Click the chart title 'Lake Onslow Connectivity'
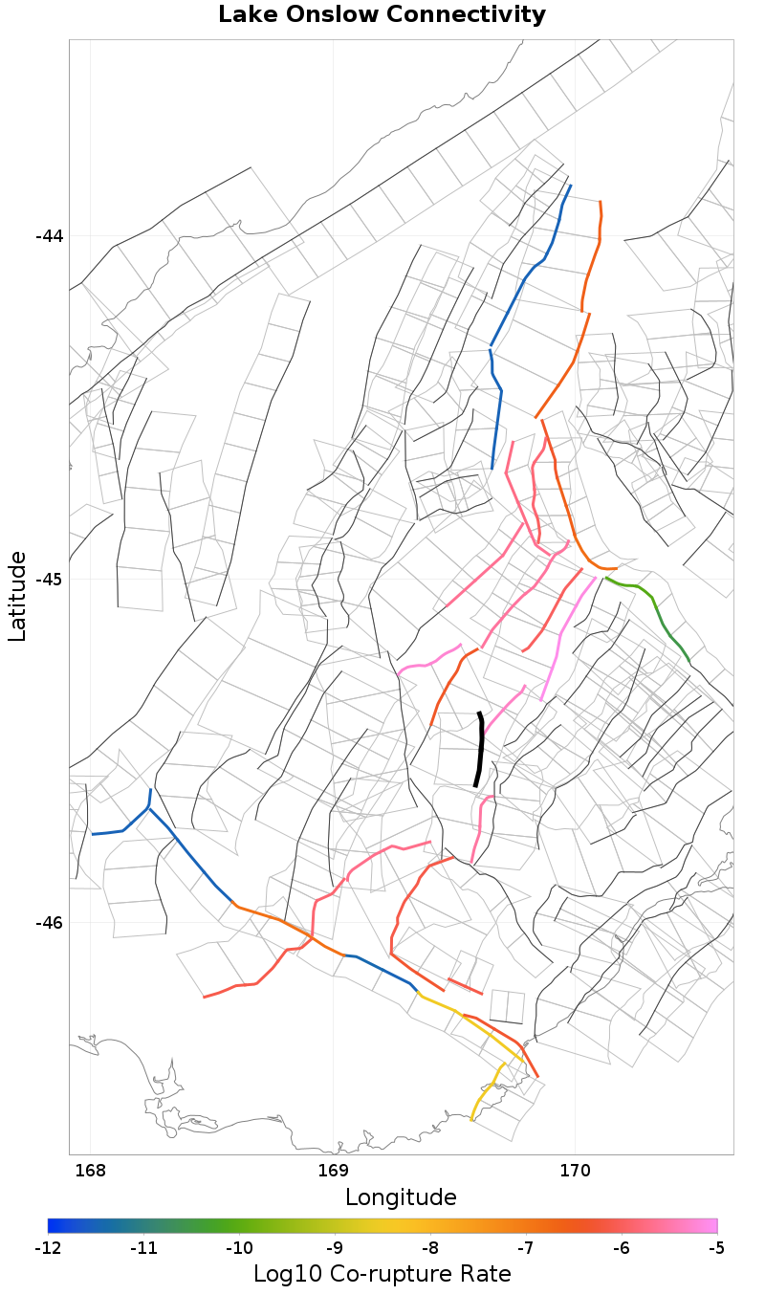tap(382, 15)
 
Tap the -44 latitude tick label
tap(48, 236)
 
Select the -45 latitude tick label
tap(48, 580)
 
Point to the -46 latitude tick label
tap(48, 923)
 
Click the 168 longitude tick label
tap(90, 1172)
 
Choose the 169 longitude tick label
tap(333, 1172)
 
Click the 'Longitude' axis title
tap(401, 1197)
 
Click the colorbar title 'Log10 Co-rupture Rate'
tap(382, 1275)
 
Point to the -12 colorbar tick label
tap(48, 1248)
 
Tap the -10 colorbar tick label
tap(239, 1248)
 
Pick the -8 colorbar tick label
tap(430, 1248)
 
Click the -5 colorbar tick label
tap(716, 1248)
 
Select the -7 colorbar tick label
tap(526, 1248)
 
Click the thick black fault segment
tap(479, 750)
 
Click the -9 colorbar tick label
tap(335, 1248)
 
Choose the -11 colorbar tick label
tap(143, 1248)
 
